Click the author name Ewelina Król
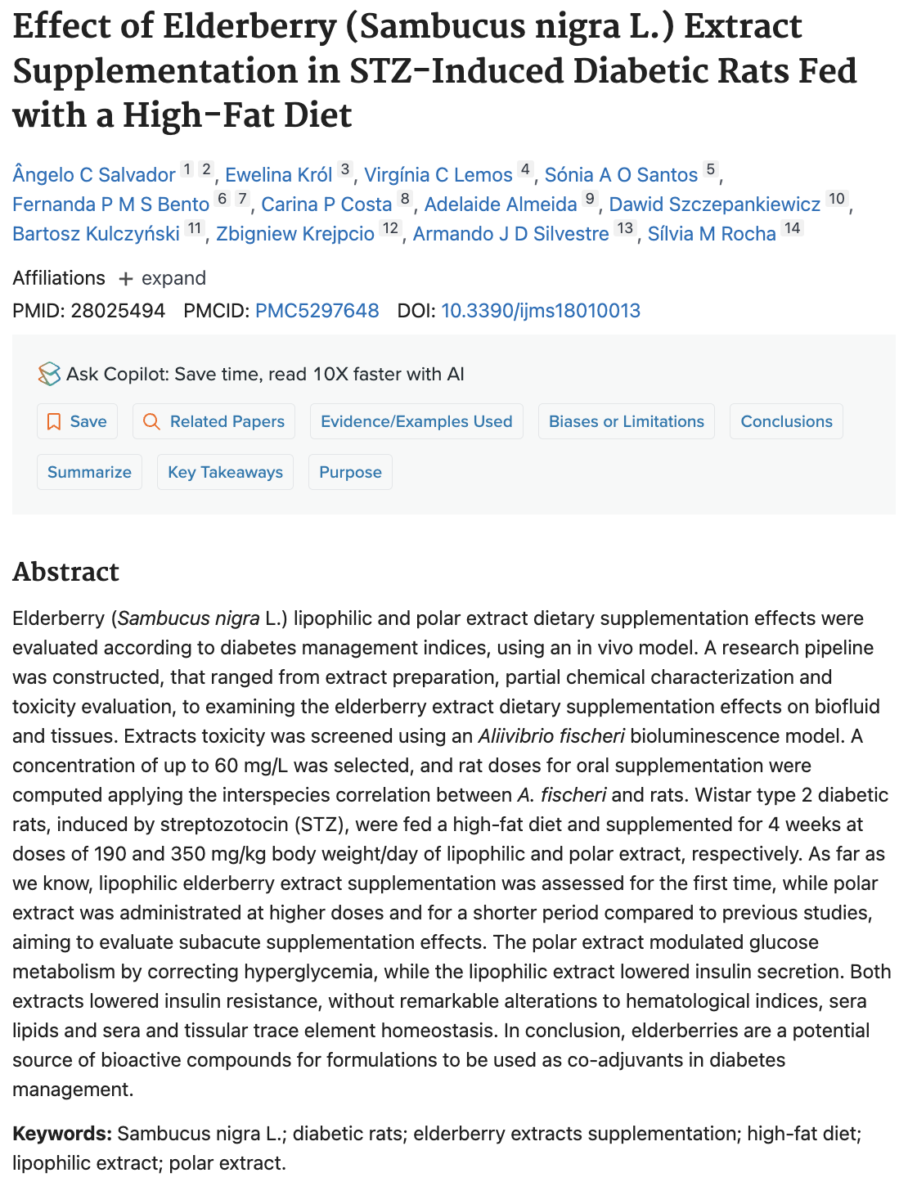point(278,175)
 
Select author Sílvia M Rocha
point(711,234)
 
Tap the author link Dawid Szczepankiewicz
point(714,204)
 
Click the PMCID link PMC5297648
point(317,311)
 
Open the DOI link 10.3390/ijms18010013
point(540,311)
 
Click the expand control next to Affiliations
point(162,278)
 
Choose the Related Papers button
point(214,421)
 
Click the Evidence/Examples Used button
point(416,421)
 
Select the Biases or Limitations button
point(626,421)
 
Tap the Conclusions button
point(786,421)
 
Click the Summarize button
point(89,472)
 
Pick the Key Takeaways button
point(225,472)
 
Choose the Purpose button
point(350,472)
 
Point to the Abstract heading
point(66,572)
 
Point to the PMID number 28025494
point(118,311)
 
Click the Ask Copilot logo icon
point(49,374)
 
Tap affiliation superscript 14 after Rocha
point(792,228)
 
